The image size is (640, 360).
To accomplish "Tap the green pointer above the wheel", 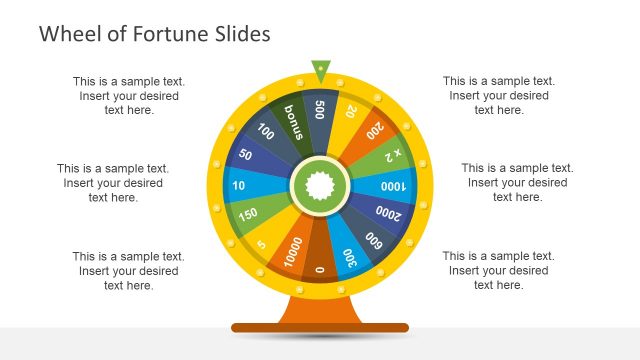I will click(320, 70).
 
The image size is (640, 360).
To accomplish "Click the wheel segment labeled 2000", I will click(385, 214).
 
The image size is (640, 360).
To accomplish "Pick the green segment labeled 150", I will click(248, 213).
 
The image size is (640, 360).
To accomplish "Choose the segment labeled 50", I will click(247, 156).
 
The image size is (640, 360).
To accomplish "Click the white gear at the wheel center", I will click(320, 185).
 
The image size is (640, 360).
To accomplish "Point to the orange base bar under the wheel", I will click(320, 327).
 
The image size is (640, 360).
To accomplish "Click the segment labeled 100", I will click(267, 132).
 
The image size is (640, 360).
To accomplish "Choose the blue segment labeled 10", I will click(240, 185).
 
